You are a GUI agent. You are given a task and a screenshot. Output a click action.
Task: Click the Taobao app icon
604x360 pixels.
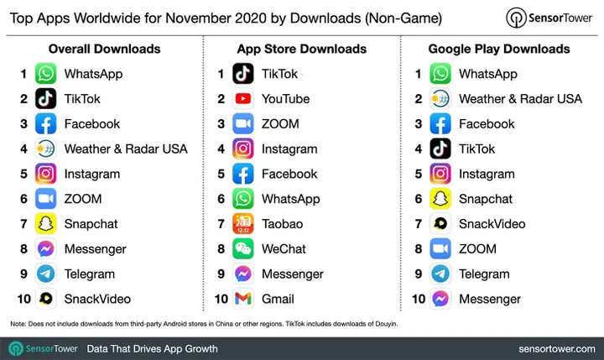click(243, 224)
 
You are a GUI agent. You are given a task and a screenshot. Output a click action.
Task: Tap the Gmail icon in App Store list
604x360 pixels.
click(243, 299)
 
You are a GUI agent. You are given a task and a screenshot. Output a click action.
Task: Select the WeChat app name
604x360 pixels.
click(284, 249)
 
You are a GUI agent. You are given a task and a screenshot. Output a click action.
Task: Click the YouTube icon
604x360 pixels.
click(243, 99)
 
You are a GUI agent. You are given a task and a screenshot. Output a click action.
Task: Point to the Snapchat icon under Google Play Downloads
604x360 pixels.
click(440, 199)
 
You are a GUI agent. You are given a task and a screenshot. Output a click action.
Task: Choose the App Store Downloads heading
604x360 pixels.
click(301, 49)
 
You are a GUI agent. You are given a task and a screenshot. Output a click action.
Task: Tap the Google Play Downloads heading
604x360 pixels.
click(498, 49)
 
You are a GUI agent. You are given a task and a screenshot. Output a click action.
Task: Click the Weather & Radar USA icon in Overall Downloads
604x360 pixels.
click(46, 149)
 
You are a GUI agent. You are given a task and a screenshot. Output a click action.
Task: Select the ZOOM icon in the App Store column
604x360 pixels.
click(243, 124)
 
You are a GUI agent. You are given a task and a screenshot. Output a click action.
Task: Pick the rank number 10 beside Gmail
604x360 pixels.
click(221, 299)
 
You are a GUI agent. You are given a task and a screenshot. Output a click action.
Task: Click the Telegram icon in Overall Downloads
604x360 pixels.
click(46, 274)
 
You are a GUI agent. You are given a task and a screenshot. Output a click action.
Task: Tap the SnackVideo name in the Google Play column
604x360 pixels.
click(492, 224)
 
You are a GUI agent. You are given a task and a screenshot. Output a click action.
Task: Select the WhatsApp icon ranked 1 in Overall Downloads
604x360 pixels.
click(46, 74)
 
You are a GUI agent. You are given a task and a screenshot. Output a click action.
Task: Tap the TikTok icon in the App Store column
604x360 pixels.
click(243, 74)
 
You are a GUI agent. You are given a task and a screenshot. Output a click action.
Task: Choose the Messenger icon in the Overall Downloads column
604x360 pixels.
click(46, 249)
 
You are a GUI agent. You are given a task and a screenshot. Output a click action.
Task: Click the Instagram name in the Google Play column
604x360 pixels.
click(487, 175)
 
